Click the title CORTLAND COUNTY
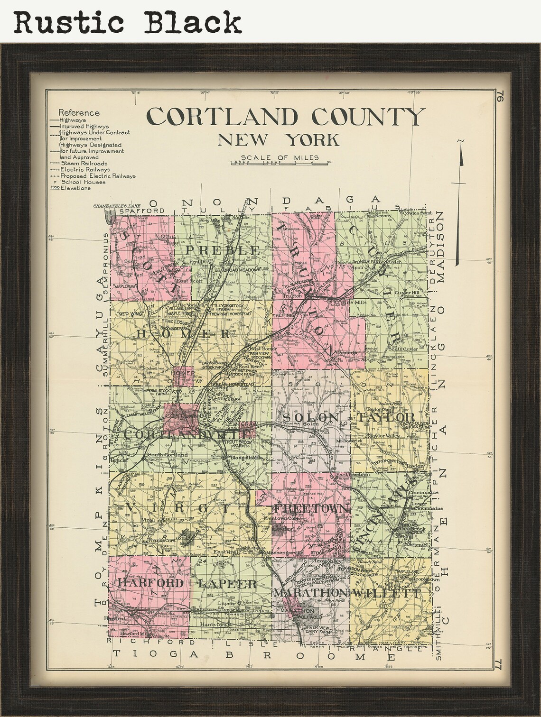[x=285, y=117]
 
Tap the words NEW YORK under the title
[x=279, y=140]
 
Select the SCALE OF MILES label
[x=280, y=158]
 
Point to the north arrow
[x=459, y=204]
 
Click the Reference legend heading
[x=79, y=113]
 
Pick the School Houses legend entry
[x=84, y=182]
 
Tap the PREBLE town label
[x=223, y=250]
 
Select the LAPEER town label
[x=227, y=584]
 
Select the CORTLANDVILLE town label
[x=187, y=434]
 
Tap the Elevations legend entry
[x=75, y=188]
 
